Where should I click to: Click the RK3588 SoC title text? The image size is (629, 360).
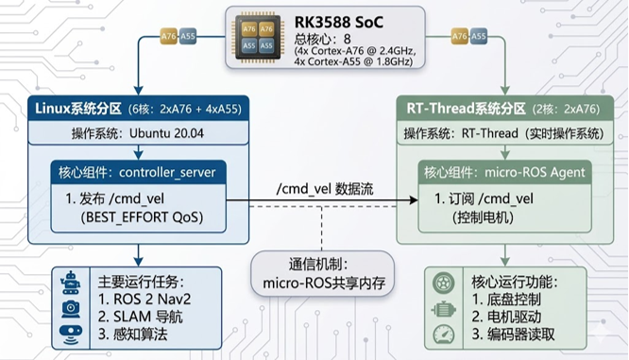point(338,23)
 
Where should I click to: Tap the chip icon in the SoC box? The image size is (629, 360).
point(258,38)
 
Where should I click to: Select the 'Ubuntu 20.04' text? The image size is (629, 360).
point(166,133)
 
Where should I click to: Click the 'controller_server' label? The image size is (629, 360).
point(167,173)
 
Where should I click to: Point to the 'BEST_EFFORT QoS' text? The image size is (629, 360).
point(142,217)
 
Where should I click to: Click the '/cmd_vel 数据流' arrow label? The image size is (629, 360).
point(325,189)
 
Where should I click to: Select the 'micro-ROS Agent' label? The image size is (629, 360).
point(535,173)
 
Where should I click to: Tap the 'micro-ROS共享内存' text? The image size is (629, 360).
point(324,283)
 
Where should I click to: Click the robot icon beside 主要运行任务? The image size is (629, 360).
point(71,283)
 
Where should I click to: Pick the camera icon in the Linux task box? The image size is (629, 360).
point(71,309)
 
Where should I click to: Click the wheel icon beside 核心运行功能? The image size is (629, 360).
point(444,283)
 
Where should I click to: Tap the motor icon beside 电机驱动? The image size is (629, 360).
point(444,309)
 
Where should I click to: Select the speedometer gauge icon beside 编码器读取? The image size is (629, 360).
point(444,334)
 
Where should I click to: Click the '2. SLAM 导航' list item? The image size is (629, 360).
point(140,317)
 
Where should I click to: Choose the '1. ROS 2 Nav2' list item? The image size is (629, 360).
point(144,299)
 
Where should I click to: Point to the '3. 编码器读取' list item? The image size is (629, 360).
point(513,334)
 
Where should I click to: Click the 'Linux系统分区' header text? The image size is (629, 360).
point(78,109)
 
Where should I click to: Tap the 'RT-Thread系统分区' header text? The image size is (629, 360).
point(467,109)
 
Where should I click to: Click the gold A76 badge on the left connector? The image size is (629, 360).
point(168,37)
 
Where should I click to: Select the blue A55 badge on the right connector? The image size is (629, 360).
point(478,37)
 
